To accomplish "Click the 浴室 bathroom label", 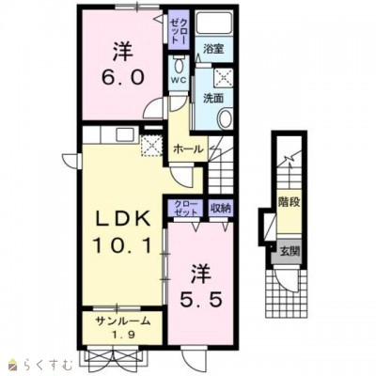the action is coord(213,49).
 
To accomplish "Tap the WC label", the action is coord(178,80).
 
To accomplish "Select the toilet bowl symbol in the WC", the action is coord(179,66).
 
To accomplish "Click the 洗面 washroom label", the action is coord(213,99).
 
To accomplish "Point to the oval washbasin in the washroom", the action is coord(225,118).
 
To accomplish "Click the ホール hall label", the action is coord(188,149).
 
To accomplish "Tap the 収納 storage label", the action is coord(221,208).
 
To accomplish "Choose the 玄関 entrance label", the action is coord(290,251).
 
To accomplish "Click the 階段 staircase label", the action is coord(290,202).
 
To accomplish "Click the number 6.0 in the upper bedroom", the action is coord(122,76).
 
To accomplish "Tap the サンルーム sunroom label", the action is coord(122,321).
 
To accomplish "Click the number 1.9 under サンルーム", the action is coord(123,335).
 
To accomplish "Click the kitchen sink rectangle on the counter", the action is coord(125,135).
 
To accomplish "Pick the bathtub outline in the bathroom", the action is coord(214,23).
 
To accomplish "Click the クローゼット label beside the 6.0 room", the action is coord(179,31).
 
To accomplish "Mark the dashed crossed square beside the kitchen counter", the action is coord(151,146).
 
